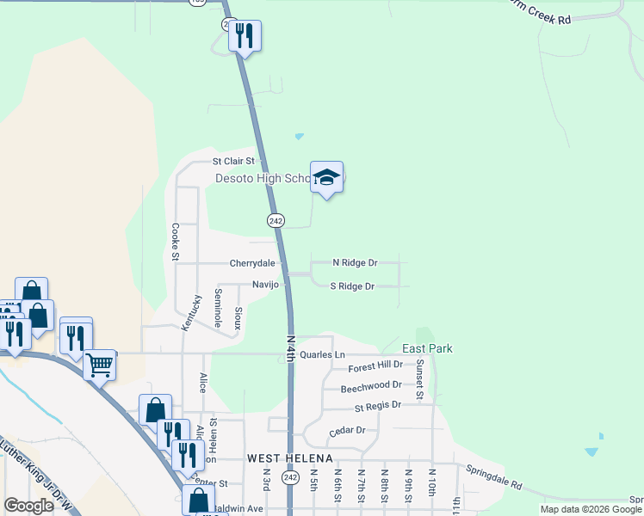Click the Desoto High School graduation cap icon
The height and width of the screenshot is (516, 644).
pyautogui.click(x=326, y=178)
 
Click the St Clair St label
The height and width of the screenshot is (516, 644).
pyautogui.click(x=234, y=161)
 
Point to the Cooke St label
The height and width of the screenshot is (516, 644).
pyautogui.click(x=175, y=242)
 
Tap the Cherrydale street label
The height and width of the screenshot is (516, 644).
pyautogui.click(x=251, y=263)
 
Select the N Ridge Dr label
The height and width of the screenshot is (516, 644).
pyautogui.click(x=355, y=262)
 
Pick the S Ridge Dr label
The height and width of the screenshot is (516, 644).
pyautogui.click(x=352, y=286)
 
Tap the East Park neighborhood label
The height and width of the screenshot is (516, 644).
pyautogui.click(x=427, y=348)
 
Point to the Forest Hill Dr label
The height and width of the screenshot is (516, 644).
pyautogui.click(x=375, y=367)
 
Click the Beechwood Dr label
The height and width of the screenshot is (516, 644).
pyautogui.click(x=371, y=386)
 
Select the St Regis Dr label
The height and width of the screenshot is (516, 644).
pyautogui.click(x=372, y=404)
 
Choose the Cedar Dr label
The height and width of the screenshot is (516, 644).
pyautogui.click(x=348, y=430)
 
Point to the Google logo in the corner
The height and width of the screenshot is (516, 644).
pyautogui.click(x=28, y=506)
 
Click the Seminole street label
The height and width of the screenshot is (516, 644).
pyautogui.click(x=218, y=308)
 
